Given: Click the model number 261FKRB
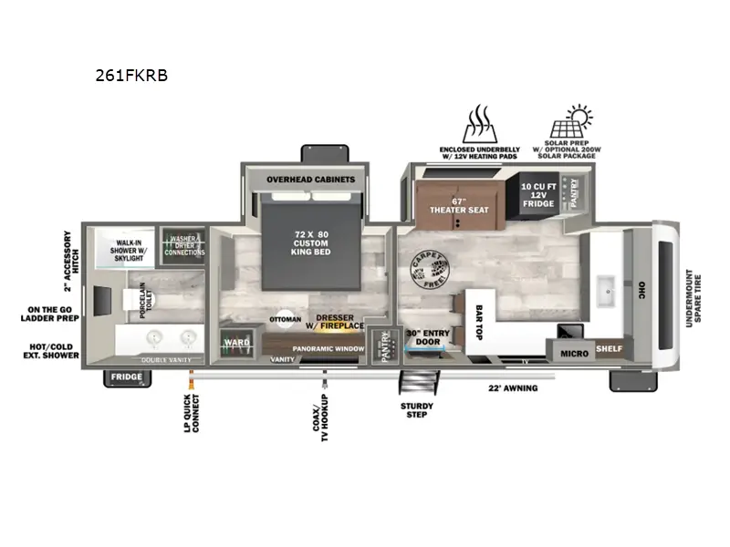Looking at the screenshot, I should click(x=131, y=76).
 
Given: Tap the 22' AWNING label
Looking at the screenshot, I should click(x=514, y=388).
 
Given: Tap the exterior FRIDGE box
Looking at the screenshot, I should click(x=127, y=377).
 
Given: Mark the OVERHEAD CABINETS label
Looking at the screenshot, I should click(x=310, y=180).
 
